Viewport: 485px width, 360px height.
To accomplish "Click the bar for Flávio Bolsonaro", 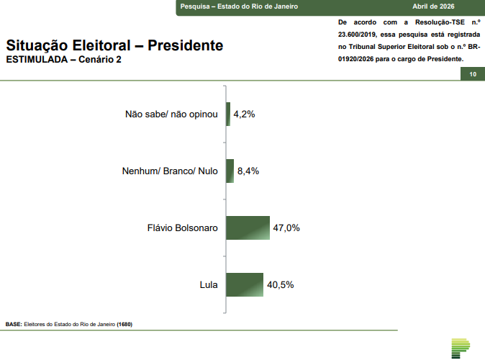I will click(248, 228).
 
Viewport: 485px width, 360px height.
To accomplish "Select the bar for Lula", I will click(245, 284).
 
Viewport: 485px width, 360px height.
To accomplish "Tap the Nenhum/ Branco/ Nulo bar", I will click(230, 171).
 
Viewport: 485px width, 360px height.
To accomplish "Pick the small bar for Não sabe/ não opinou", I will click(228, 114).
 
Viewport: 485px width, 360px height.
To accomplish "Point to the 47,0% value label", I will click(286, 228).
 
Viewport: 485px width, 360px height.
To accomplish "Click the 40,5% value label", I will click(280, 284).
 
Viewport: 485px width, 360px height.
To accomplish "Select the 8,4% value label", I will click(248, 171).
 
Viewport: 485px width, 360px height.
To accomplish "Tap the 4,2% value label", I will click(245, 114).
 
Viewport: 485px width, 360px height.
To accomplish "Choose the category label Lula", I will click(209, 284).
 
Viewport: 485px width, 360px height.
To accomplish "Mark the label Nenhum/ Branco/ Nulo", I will click(171, 171).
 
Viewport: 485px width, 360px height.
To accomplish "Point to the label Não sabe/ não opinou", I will click(171, 114).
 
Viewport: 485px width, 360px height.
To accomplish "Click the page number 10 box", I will click(472, 75).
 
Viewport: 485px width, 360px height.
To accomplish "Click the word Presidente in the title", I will click(185, 45).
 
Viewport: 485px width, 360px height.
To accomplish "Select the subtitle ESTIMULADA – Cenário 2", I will click(63, 59).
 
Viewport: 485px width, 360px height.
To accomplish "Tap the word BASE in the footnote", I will click(14, 324).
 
